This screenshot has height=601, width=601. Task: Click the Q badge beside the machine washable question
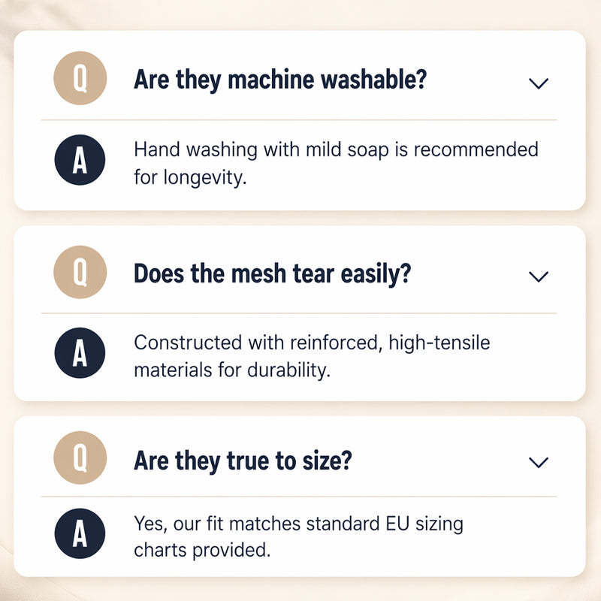click(x=80, y=78)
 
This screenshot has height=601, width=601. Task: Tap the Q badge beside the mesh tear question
click(x=80, y=272)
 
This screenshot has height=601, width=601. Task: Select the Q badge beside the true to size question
click(x=80, y=458)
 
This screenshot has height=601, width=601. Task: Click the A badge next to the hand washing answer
click(x=80, y=160)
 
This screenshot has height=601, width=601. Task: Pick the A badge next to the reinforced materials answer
click(x=80, y=353)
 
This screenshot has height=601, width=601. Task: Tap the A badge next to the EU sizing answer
click(x=80, y=533)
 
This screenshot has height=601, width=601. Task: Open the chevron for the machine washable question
click(x=539, y=83)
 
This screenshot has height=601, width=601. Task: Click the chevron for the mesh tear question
click(x=539, y=276)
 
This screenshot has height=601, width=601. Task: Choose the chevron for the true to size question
click(x=539, y=462)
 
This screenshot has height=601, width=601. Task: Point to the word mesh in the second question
click(x=258, y=273)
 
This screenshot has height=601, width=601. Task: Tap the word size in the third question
click(x=327, y=461)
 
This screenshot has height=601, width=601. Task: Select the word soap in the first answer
click(x=368, y=150)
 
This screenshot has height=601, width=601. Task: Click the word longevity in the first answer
click(x=205, y=178)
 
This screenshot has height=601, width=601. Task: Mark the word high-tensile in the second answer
click(x=439, y=343)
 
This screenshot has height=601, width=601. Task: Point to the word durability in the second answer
click(x=289, y=370)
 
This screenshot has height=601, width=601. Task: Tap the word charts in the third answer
click(x=161, y=550)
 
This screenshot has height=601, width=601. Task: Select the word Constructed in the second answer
click(x=188, y=343)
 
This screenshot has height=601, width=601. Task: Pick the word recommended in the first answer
click(x=476, y=149)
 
